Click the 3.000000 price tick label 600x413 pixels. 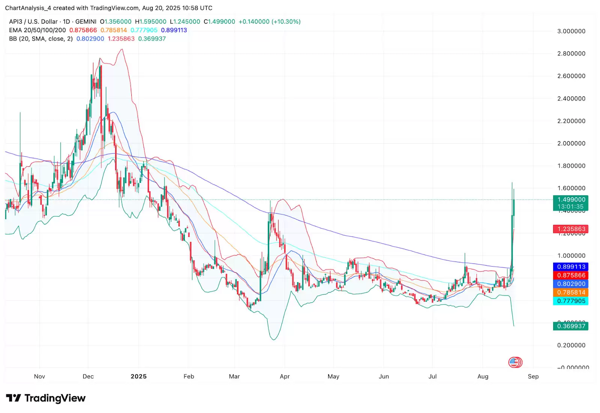pyautogui.click(x=571, y=31)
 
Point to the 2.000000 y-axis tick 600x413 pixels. pyautogui.click(x=571, y=144)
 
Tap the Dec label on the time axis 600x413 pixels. pyautogui.click(x=88, y=376)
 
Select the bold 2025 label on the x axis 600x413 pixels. pyautogui.click(x=138, y=376)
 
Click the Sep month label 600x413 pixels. pyautogui.click(x=533, y=376)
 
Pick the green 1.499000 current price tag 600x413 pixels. pyautogui.click(x=571, y=200)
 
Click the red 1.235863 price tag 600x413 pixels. pyautogui.click(x=571, y=229)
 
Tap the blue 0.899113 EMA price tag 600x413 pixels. pyautogui.click(x=571, y=267)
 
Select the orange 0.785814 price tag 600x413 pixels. pyautogui.click(x=571, y=292)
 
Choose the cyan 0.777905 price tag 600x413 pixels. pyautogui.click(x=571, y=301)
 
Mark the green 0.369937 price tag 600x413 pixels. pyautogui.click(x=571, y=326)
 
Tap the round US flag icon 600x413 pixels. pyautogui.click(x=515, y=362)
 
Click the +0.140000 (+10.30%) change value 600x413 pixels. pyautogui.click(x=269, y=22)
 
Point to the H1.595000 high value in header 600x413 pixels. pyautogui.click(x=151, y=22)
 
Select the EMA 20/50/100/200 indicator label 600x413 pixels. pyautogui.click(x=37, y=30)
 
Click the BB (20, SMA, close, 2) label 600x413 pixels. pyautogui.click(x=41, y=39)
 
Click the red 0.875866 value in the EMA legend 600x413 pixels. pyautogui.click(x=83, y=30)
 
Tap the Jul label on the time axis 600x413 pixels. pyautogui.click(x=432, y=376)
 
